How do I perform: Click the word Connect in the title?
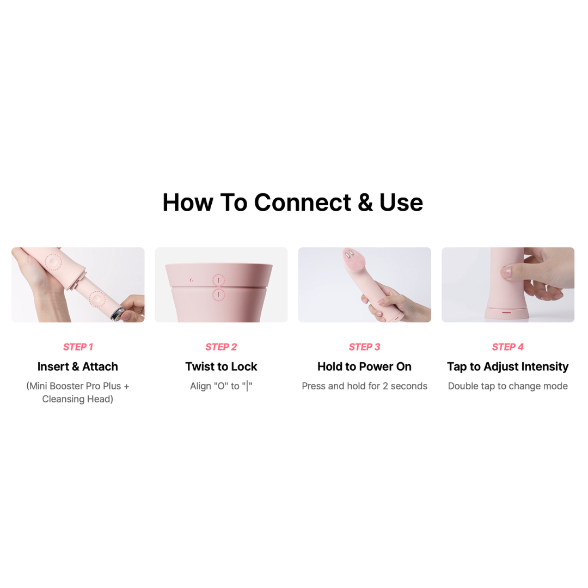[302, 203]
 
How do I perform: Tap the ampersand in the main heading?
[365, 203]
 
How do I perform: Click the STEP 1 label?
[78, 347]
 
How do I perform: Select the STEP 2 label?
[221, 347]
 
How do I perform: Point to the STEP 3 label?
[364, 347]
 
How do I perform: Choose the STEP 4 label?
[508, 347]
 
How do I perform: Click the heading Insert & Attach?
[78, 366]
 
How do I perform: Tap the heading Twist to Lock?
[221, 366]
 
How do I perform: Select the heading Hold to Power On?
[364, 366]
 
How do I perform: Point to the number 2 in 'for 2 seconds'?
[385, 386]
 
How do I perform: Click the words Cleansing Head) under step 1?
[78, 399]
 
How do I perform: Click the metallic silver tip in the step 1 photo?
[118, 314]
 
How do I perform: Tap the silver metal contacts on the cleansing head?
[349, 254]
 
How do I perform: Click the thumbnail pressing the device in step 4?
[506, 272]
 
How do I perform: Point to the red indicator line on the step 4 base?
[506, 312]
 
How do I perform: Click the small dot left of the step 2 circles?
[192, 280]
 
